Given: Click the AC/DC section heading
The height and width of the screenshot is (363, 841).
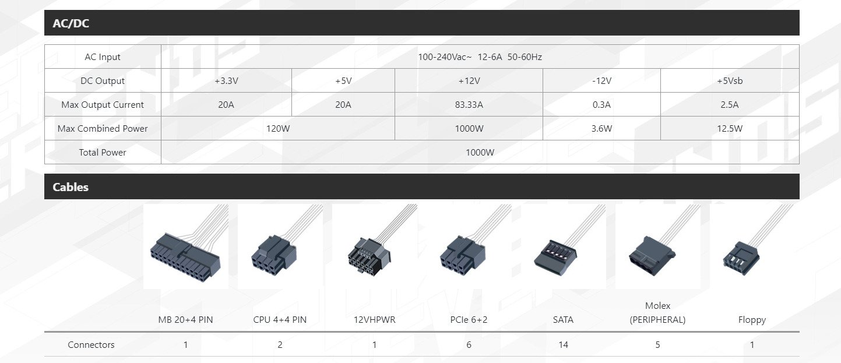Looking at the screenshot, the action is coord(71,23).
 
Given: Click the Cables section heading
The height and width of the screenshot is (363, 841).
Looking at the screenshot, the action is coord(71,187).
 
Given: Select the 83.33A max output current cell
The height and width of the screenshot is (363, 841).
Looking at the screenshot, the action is coord(469,105).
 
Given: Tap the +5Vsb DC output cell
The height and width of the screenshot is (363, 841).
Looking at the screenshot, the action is coord(730,81).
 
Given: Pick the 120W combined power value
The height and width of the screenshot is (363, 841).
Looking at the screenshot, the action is coord(278,129).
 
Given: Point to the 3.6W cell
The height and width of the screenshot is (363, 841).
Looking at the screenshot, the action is coord(601,129).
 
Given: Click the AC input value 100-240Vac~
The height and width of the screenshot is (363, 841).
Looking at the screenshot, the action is coord(445,57).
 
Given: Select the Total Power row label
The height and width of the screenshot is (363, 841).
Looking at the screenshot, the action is coord(103,153).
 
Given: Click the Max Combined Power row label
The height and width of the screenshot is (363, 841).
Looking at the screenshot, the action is coord(103,129).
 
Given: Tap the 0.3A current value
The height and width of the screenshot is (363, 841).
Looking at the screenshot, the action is coord(601,105).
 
